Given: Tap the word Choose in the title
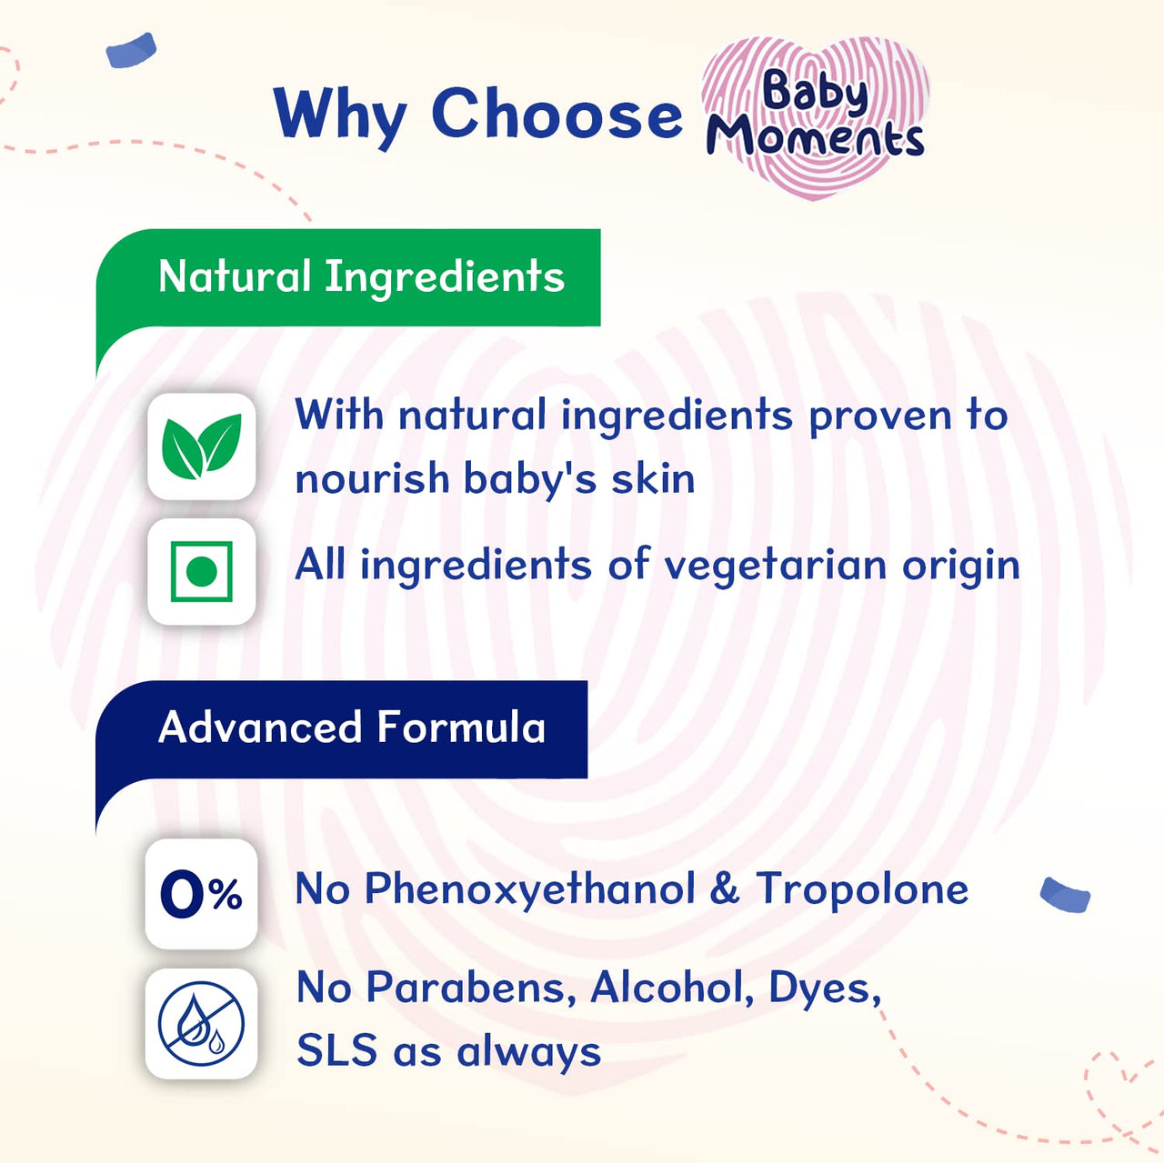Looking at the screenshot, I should [x=557, y=115].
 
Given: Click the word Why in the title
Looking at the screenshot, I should [x=340, y=115].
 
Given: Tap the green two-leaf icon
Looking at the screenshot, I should [x=201, y=447].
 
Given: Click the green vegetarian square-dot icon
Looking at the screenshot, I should [x=201, y=572].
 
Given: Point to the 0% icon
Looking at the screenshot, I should [x=201, y=894].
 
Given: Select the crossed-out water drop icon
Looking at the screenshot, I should [x=201, y=1023].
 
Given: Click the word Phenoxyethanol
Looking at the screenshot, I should [x=529, y=889].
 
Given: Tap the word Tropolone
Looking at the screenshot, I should [x=862, y=889].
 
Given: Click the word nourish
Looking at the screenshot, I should [x=372, y=478].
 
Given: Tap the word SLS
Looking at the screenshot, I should [x=336, y=1051].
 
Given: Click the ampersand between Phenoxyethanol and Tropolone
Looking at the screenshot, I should [x=724, y=889].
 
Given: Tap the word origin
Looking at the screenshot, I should [x=960, y=566].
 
